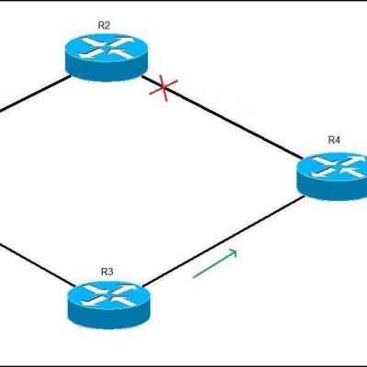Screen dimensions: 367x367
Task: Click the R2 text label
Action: coord(104,26)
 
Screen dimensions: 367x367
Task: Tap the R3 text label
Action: coord(107,272)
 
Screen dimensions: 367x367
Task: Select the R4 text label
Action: coord(334,140)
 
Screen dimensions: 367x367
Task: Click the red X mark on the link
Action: coord(163,88)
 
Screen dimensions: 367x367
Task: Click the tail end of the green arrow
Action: coord(194,278)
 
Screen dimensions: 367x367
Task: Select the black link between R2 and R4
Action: coord(221,117)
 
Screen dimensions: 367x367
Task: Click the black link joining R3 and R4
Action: coord(224,241)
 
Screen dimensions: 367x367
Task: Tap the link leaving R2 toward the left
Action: coord(34,94)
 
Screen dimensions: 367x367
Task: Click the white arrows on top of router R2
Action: coord(106,48)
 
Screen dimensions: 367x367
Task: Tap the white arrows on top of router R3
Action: coord(109,295)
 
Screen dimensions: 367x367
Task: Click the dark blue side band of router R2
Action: coord(106,70)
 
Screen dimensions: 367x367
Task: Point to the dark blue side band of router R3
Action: coord(109,317)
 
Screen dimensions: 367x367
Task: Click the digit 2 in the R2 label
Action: coord(107,26)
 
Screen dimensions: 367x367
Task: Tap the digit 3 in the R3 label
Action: coord(110,272)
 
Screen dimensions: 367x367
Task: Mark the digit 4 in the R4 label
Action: coord(338,140)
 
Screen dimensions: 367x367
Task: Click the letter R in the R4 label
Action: coord(331,140)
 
